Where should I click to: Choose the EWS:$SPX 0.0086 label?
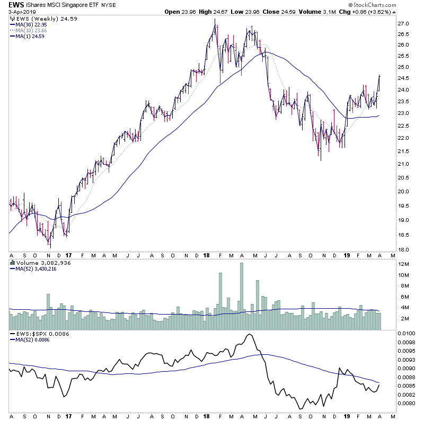[36, 334]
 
